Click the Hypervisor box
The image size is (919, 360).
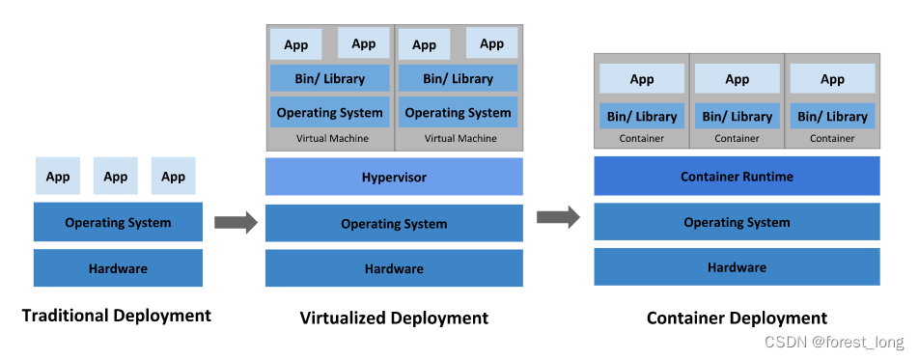click(394, 178)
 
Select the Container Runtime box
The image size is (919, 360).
click(737, 177)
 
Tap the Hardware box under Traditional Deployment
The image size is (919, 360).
click(118, 268)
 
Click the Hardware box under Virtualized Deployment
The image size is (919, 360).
click(394, 268)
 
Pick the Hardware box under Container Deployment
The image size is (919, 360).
click(737, 267)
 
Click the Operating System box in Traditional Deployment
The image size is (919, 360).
click(118, 222)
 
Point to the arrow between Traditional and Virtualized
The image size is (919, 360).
click(235, 223)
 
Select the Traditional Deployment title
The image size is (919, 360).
click(116, 316)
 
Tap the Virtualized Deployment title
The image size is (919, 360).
click(394, 318)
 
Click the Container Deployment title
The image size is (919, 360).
click(737, 318)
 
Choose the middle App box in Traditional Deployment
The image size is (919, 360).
click(116, 177)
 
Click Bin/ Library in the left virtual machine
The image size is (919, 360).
click(330, 78)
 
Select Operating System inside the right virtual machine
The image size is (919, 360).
click(459, 112)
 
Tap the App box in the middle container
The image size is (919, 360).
click(737, 79)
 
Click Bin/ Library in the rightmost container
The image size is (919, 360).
click(832, 116)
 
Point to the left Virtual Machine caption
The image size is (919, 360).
click(330, 138)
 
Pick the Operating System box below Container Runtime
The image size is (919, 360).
click(737, 222)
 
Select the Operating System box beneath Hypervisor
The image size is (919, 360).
click(394, 224)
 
